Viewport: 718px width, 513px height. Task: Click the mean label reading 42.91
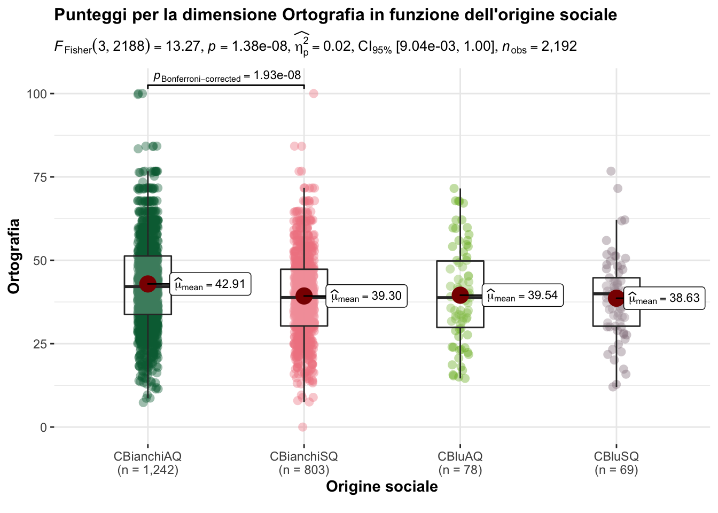click(210, 284)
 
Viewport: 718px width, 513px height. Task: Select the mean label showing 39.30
click(366, 296)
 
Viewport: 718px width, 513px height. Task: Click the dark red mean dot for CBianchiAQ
click(147, 284)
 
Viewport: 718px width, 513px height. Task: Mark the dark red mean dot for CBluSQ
click(616, 298)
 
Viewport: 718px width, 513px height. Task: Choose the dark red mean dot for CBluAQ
click(460, 294)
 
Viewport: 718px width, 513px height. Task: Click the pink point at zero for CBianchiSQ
click(302, 427)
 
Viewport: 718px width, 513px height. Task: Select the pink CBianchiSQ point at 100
click(314, 94)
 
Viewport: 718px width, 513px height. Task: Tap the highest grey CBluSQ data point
click(611, 172)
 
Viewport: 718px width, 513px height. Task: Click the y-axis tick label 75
click(37, 177)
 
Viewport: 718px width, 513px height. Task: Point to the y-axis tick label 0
click(43, 427)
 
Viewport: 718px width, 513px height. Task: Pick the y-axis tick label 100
click(37, 94)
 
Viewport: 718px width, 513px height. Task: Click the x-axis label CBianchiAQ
click(147, 457)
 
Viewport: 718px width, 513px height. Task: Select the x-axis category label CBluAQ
click(460, 457)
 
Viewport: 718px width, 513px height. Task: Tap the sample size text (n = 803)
click(304, 470)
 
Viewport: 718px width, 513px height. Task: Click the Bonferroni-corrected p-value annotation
click(227, 76)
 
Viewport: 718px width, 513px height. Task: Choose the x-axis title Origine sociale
click(381, 487)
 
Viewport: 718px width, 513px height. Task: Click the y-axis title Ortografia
click(14, 256)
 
